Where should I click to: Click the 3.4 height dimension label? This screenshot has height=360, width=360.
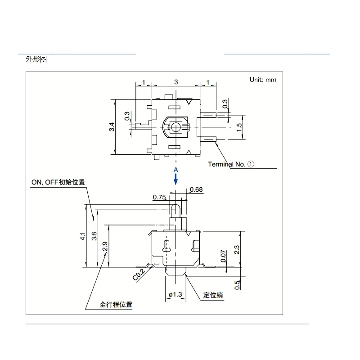[112, 127]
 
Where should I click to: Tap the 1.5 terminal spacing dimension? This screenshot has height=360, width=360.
[239, 127]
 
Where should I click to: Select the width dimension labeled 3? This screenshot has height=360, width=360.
[176, 82]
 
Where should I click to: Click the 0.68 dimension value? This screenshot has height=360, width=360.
[196, 189]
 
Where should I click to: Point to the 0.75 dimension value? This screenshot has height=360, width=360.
[159, 197]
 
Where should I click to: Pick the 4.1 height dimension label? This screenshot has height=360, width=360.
[83, 237]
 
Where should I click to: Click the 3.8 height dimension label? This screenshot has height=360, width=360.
[94, 236]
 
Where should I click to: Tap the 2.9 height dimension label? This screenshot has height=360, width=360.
[105, 246]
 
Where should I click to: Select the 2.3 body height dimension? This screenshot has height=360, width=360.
[237, 250]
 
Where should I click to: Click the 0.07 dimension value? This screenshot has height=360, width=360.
[223, 256]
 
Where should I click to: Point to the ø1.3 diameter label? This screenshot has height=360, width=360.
[175, 294]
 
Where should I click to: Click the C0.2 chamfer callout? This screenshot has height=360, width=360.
[139, 275]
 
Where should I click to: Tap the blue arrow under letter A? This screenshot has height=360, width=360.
[175, 179]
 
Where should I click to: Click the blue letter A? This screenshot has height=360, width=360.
[175, 170]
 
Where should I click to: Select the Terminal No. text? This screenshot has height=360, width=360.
[227, 164]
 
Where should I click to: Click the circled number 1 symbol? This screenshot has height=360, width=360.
[251, 164]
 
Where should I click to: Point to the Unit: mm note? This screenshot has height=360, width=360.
[263, 80]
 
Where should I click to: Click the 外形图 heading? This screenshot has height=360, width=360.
[36, 59]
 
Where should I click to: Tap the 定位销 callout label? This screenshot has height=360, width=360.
[213, 295]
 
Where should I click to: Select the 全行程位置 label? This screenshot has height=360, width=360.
[116, 305]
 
